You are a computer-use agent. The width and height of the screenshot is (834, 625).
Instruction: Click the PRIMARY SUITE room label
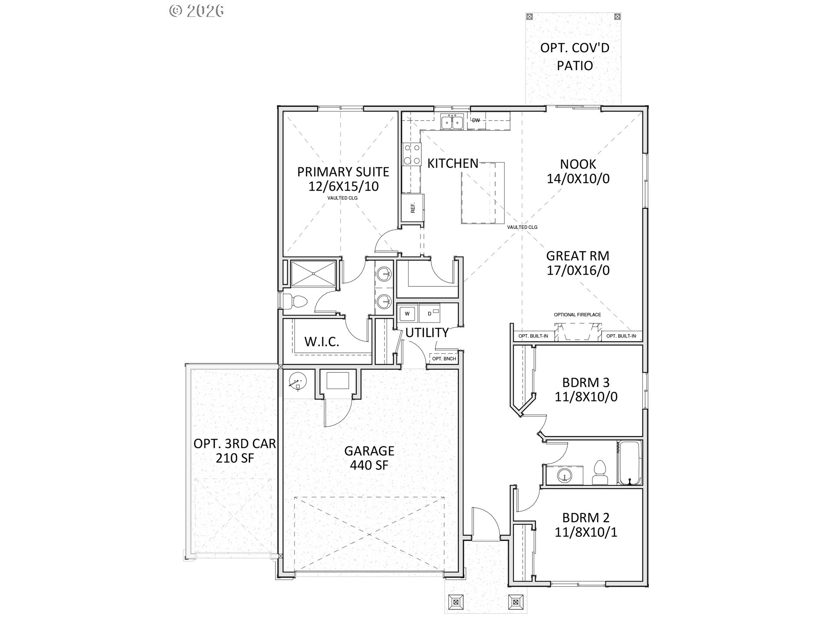point(343,172)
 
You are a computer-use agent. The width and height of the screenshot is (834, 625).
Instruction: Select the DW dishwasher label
point(476,120)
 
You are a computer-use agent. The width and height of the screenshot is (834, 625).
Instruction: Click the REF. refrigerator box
point(412,207)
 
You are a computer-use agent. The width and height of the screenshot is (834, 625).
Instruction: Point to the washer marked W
point(407,313)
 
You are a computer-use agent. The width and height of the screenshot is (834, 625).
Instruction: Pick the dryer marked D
point(430,313)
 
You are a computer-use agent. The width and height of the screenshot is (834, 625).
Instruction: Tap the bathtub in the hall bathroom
point(629,463)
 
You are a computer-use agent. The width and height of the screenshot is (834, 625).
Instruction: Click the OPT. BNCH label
point(444,359)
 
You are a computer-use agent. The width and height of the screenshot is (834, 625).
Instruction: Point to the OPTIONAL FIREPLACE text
point(577,315)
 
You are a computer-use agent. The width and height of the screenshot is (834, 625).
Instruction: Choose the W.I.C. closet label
point(321,342)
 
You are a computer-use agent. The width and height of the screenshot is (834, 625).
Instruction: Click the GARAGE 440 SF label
point(369,458)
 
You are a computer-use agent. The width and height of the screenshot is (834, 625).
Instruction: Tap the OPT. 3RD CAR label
point(235,444)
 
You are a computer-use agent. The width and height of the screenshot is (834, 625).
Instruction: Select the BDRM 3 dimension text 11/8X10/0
point(586,397)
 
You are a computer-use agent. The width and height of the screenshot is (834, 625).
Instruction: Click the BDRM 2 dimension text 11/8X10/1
point(586,532)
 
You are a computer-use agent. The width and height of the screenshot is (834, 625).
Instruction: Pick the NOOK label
point(578,164)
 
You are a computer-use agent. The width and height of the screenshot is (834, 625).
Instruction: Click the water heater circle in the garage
point(298,381)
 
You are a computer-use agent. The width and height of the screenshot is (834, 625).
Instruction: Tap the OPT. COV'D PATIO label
point(575,56)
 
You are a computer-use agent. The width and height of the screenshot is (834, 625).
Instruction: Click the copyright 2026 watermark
point(196,10)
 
